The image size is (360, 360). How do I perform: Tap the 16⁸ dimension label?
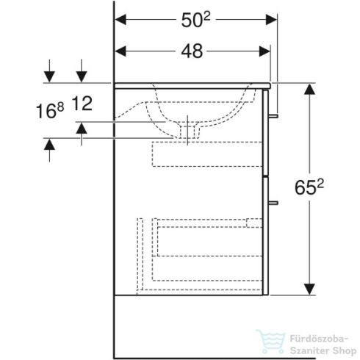(x=56, y=112)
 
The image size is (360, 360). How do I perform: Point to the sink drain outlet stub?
(x=194, y=134)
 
